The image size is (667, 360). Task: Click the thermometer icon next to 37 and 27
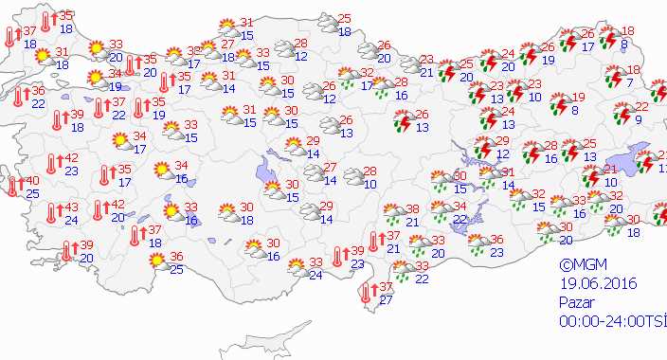pos(363,294)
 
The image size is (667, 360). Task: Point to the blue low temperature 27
pos(386,300)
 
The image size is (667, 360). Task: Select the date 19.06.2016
pos(598,283)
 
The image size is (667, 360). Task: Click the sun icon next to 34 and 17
pos(121,142)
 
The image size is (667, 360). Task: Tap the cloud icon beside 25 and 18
pos(328,24)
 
